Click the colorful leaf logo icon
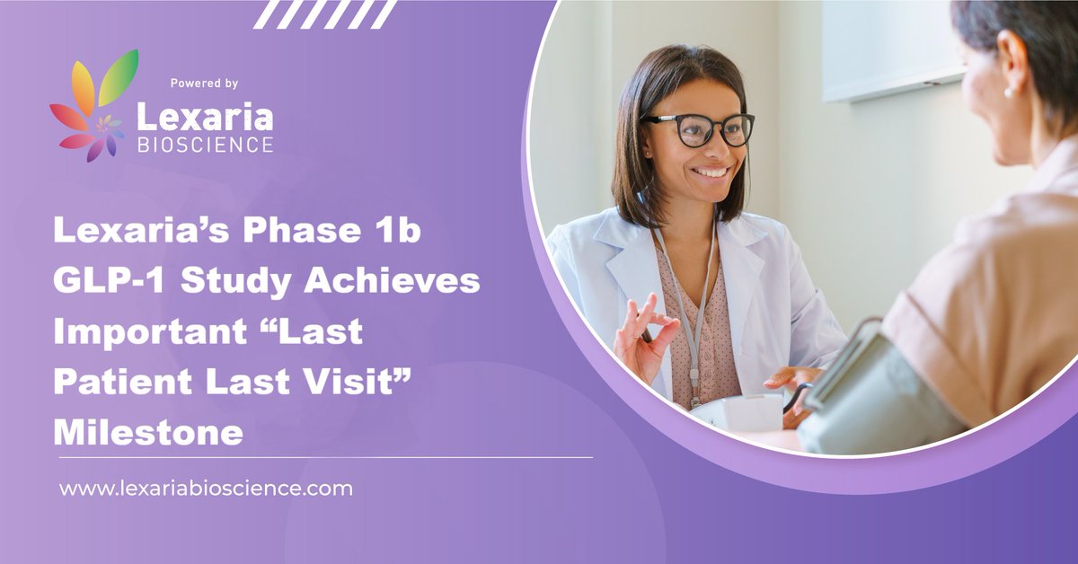[93, 106]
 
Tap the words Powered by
[204, 84]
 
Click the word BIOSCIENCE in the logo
[204, 145]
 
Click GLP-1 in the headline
[100, 281]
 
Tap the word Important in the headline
[147, 331]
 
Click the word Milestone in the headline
[148, 432]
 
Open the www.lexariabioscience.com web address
[206, 489]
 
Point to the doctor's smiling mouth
[711, 171]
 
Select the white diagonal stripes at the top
[324, 13]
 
